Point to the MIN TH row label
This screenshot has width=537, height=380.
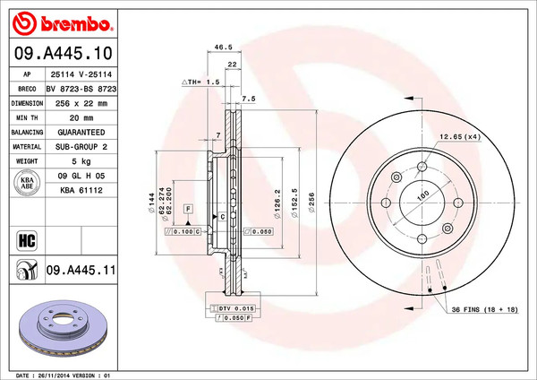point(27,117)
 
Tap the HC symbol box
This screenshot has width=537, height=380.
point(26,238)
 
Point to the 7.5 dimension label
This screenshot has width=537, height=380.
point(249,98)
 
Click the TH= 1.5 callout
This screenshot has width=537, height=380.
point(202,82)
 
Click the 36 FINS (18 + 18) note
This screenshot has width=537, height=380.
point(483,309)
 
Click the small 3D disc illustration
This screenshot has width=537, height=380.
point(62,329)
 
